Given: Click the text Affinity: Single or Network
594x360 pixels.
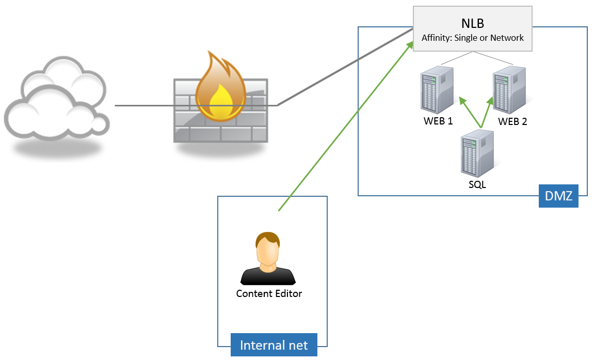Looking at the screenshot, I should point(473,38).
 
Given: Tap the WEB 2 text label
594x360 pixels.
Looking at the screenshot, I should point(512,122).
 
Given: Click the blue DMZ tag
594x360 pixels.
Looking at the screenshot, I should point(558,196).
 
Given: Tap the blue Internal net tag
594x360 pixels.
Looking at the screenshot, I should point(274,345).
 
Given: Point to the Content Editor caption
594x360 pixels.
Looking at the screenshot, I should point(269,293).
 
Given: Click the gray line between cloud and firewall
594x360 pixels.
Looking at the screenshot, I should point(145,105).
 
